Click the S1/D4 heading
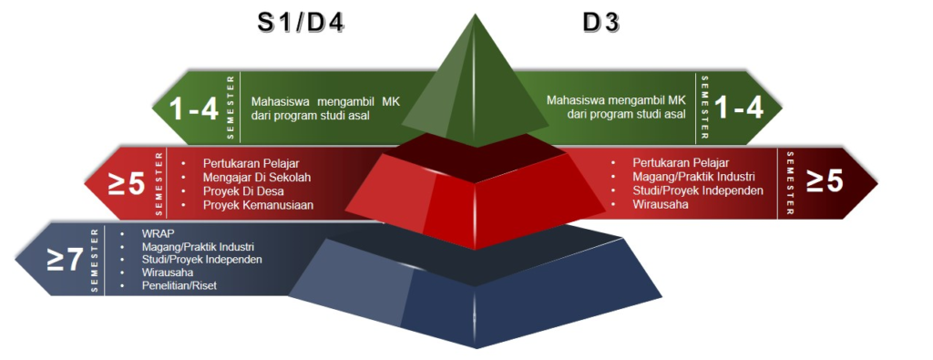pyautogui.click(x=297, y=24)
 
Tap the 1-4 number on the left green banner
pyautogui.click(x=194, y=109)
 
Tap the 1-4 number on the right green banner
pyautogui.click(x=738, y=108)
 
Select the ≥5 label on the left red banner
pyautogui.click(x=128, y=183)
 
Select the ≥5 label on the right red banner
pyautogui.click(x=824, y=180)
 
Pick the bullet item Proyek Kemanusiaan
pyautogui.click(x=258, y=205)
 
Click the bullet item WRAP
pyautogui.click(x=158, y=233)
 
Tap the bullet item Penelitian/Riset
pyautogui.click(x=179, y=286)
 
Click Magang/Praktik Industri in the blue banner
pyautogui.click(x=198, y=247)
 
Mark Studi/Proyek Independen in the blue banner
pyautogui.click(x=202, y=260)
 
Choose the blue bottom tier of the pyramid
pyautogui.click(x=473, y=301)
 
